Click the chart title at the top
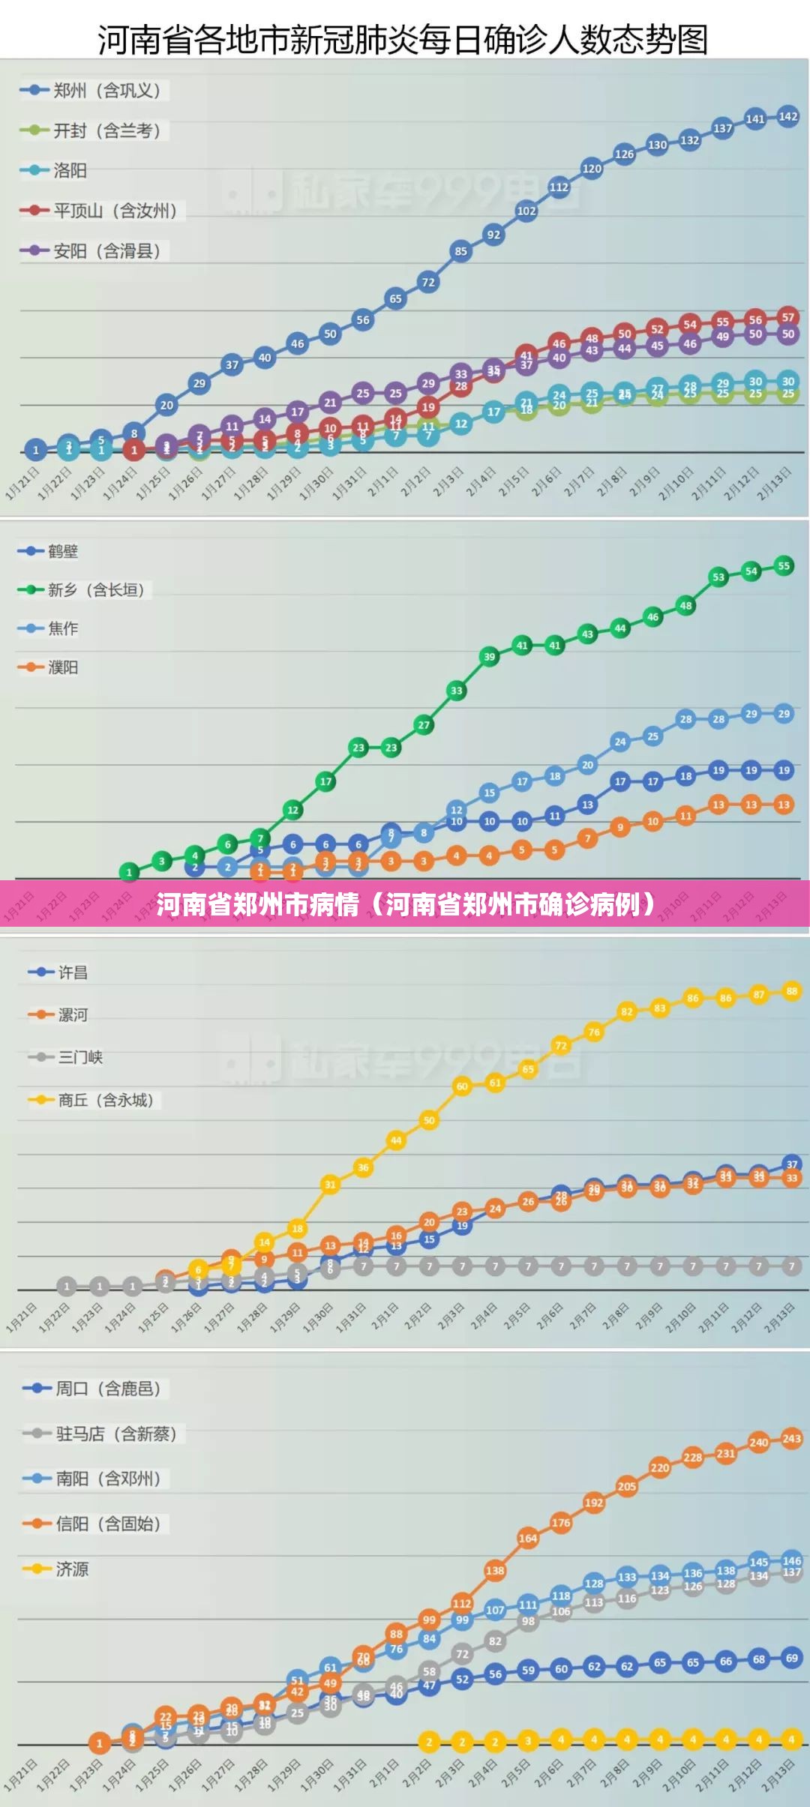pos(403,39)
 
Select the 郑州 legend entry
pos(94,91)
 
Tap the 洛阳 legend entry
pos(56,171)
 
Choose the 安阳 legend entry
pos(94,251)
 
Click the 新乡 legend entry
pos(84,590)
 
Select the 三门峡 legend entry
pos(67,1057)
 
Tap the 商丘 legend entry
pos(94,1100)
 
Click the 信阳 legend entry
pos(94,1524)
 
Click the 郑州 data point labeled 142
pos(787,116)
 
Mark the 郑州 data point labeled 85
pos(460,251)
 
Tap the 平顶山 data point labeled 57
pos(787,317)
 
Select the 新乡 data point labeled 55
pos(784,566)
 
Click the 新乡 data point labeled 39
pos(489,657)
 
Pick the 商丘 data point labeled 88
pos(792,991)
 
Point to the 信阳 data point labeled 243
pos(792,1438)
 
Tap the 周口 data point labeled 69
pos(792,1658)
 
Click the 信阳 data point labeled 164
pos(528,1539)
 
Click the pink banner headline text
pos(405,904)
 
